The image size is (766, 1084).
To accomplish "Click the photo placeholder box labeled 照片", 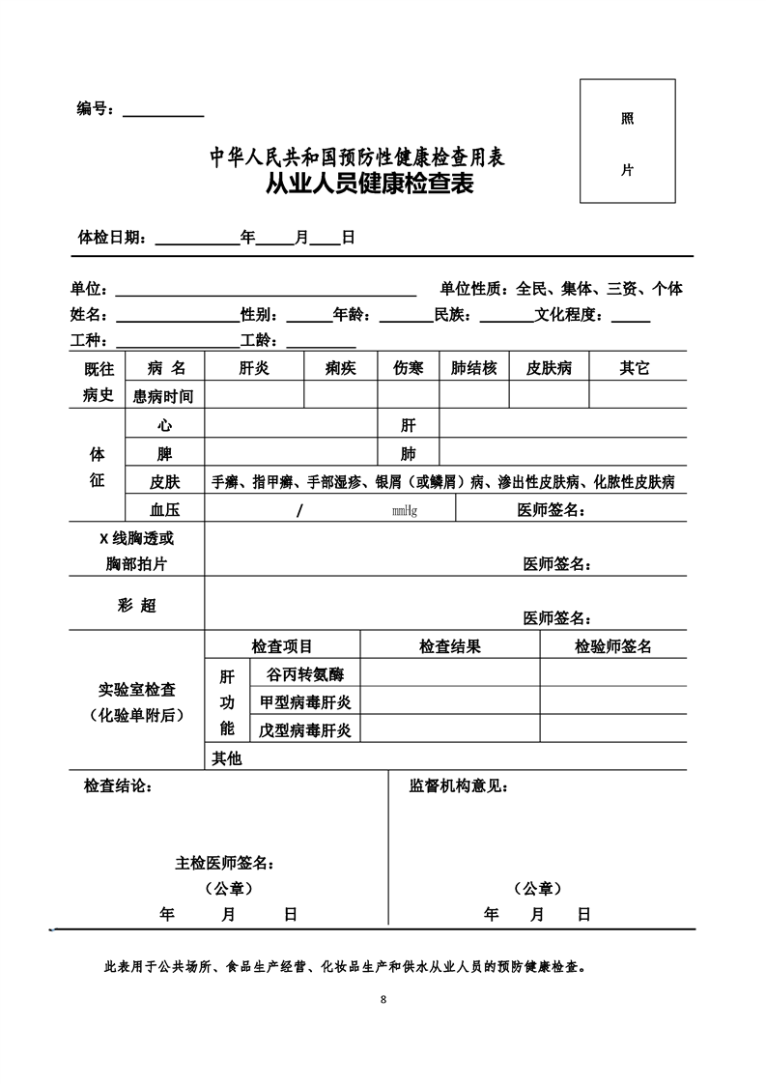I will click(x=627, y=142).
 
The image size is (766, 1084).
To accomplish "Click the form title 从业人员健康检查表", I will click(x=370, y=185).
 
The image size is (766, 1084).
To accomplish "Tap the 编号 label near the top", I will click(x=96, y=109).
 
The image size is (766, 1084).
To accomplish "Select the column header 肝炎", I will click(x=254, y=368).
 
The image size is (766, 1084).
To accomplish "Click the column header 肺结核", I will click(x=474, y=368).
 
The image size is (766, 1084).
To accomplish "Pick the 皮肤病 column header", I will click(x=549, y=368).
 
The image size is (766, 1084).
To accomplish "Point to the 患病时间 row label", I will click(x=163, y=395).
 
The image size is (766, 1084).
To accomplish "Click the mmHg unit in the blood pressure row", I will click(x=405, y=510).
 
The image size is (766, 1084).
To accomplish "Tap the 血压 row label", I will click(x=164, y=510).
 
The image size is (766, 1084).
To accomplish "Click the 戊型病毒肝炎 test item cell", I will click(x=304, y=729).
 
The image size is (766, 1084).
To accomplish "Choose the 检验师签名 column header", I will click(x=613, y=646).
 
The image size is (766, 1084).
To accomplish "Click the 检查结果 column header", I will click(x=449, y=646).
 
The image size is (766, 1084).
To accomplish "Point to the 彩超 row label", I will click(x=136, y=606).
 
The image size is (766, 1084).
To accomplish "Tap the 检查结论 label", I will click(x=117, y=786).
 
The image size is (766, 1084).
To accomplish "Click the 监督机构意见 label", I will click(x=458, y=786).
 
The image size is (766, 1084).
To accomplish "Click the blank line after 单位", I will click(x=266, y=290).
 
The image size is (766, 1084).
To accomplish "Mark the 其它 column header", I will click(x=635, y=368).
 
